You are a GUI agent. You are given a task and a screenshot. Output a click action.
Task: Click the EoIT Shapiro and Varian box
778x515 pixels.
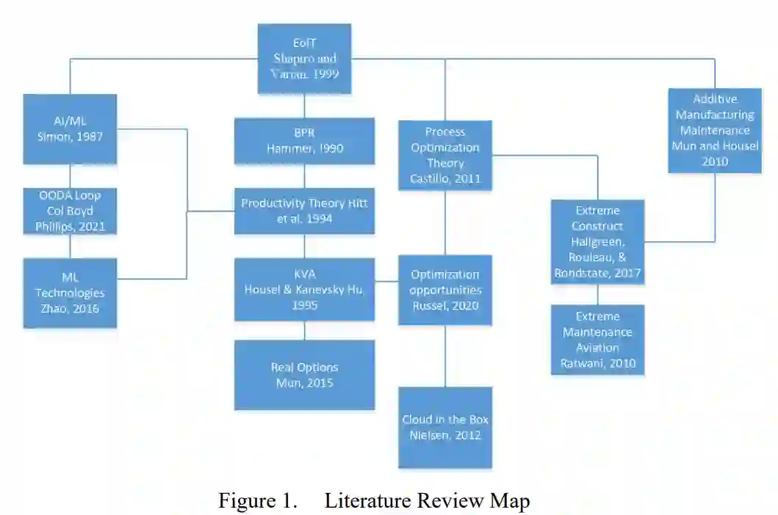(304, 57)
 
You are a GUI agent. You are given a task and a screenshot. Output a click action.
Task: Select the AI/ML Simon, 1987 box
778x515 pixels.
(70, 128)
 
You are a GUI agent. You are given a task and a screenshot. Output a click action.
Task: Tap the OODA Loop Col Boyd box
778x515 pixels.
(70, 211)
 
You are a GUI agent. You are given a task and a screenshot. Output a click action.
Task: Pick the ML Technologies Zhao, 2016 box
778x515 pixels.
(70, 293)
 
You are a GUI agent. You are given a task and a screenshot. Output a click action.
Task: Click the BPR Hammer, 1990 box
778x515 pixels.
(304, 141)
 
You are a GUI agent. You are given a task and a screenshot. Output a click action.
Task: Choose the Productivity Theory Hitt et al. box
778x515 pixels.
(304, 211)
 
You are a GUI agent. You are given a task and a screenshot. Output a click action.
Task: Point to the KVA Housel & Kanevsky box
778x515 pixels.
(304, 289)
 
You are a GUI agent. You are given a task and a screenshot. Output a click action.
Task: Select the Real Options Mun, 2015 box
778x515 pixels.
(304, 374)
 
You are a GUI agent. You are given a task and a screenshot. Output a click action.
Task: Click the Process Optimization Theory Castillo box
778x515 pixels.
(445, 156)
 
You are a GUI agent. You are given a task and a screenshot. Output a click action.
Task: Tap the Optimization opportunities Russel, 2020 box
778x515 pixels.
(445, 289)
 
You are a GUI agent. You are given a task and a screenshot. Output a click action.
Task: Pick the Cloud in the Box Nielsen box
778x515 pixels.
(445, 427)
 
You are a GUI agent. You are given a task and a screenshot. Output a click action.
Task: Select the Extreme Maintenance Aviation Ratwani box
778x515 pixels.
(597, 340)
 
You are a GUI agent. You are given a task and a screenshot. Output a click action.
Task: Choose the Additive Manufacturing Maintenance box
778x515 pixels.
(715, 130)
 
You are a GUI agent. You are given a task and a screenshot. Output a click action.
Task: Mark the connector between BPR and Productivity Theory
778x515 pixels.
(304, 176)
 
